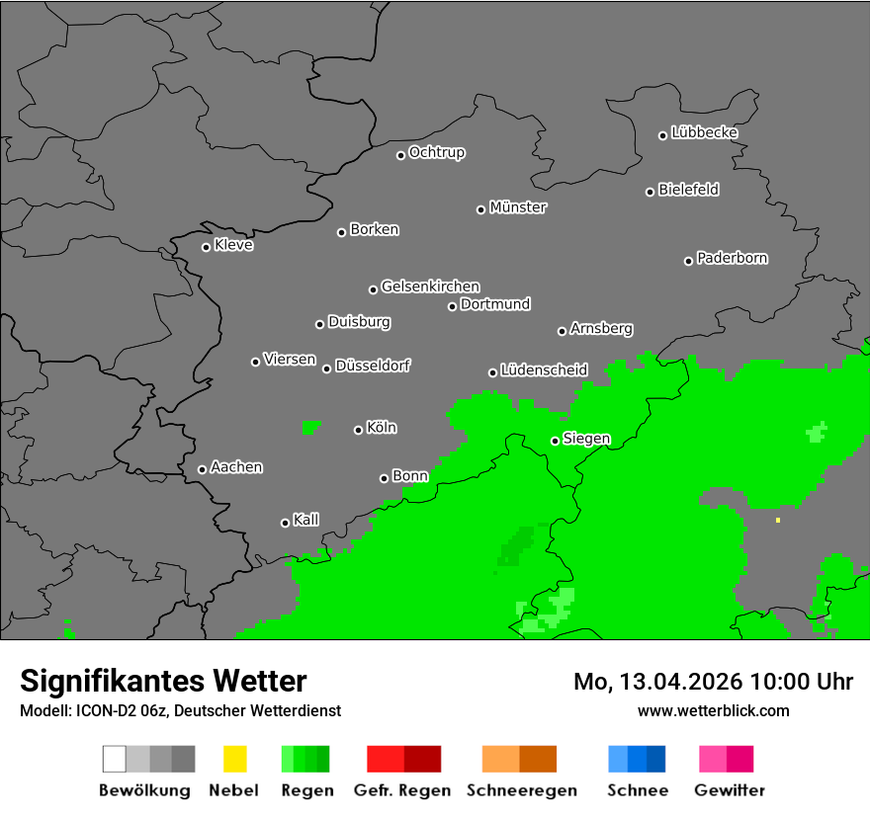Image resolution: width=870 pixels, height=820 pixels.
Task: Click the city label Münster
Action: point(518,207)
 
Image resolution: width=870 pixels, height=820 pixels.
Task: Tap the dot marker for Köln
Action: point(358,430)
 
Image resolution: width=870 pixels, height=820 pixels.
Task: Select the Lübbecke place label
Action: point(704,132)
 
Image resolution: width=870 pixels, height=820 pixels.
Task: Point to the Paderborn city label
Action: point(732,258)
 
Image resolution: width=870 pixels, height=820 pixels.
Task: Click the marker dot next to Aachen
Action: point(202,469)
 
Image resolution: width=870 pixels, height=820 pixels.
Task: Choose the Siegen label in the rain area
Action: point(586,439)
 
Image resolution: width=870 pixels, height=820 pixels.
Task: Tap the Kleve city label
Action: point(233,245)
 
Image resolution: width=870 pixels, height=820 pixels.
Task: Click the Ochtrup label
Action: point(436,152)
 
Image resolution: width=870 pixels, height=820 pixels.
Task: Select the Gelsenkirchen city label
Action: point(430,287)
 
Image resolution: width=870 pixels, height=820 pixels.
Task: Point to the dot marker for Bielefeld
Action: point(651,192)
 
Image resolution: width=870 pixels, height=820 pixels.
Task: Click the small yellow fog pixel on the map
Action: point(778,520)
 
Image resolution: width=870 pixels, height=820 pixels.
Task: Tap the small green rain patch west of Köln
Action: point(310,427)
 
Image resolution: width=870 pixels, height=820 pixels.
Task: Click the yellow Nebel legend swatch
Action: point(234,759)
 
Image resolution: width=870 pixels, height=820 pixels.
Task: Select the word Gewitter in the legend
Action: point(730,790)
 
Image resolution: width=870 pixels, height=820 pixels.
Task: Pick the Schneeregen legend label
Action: point(519,790)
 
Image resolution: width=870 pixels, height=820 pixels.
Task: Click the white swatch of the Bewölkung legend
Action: point(115,759)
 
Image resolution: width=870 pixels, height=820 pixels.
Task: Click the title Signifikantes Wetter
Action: point(163,681)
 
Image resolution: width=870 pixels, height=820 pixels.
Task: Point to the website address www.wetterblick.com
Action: point(713,710)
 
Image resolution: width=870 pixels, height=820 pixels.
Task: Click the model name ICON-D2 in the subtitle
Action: point(99,710)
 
